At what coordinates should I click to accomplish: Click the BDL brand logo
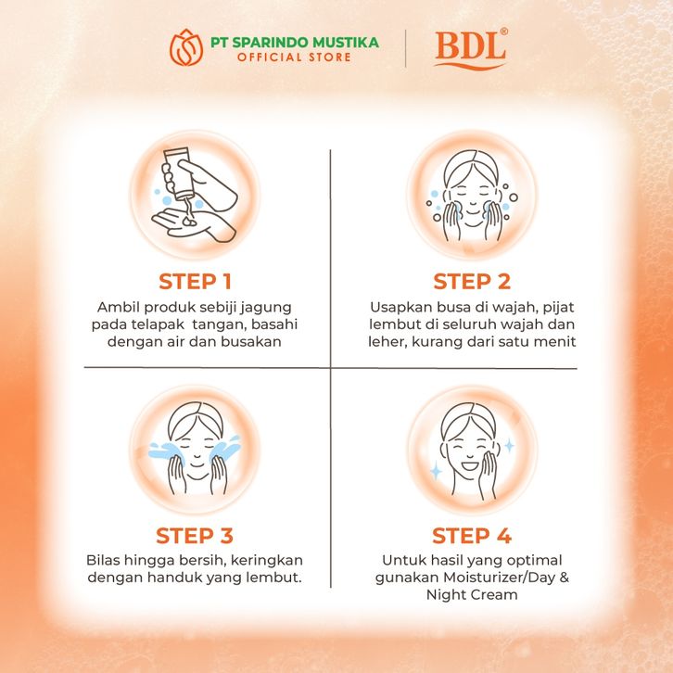pyautogui.click(x=471, y=48)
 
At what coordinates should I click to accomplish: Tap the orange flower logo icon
pyautogui.click(x=186, y=47)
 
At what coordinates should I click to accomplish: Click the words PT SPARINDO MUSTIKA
pyautogui.click(x=295, y=42)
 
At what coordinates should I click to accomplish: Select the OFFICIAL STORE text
pyautogui.click(x=295, y=57)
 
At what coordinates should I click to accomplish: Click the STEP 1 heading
pyautogui.click(x=196, y=282)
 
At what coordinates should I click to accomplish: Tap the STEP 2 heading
pyautogui.click(x=472, y=282)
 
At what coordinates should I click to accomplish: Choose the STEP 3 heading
pyautogui.click(x=195, y=536)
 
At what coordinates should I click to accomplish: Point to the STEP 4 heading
pyautogui.click(x=472, y=536)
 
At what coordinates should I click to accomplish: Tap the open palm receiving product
pyautogui.click(x=193, y=224)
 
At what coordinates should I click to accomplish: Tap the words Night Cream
pyautogui.click(x=472, y=595)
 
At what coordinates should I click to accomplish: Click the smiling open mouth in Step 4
pyautogui.click(x=470, y=464)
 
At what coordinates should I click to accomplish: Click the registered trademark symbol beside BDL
pyautogui.click(x=504, y=32)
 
